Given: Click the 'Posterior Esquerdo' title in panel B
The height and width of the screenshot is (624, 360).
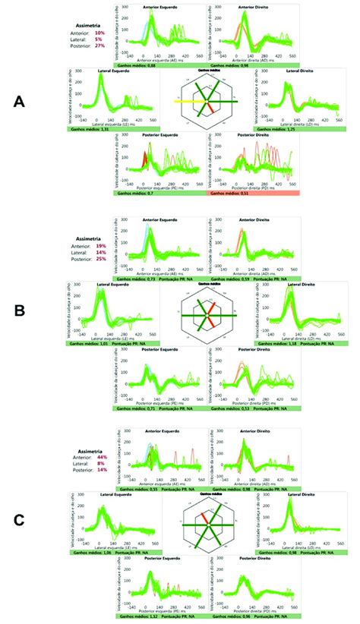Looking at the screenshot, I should point(163,351).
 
